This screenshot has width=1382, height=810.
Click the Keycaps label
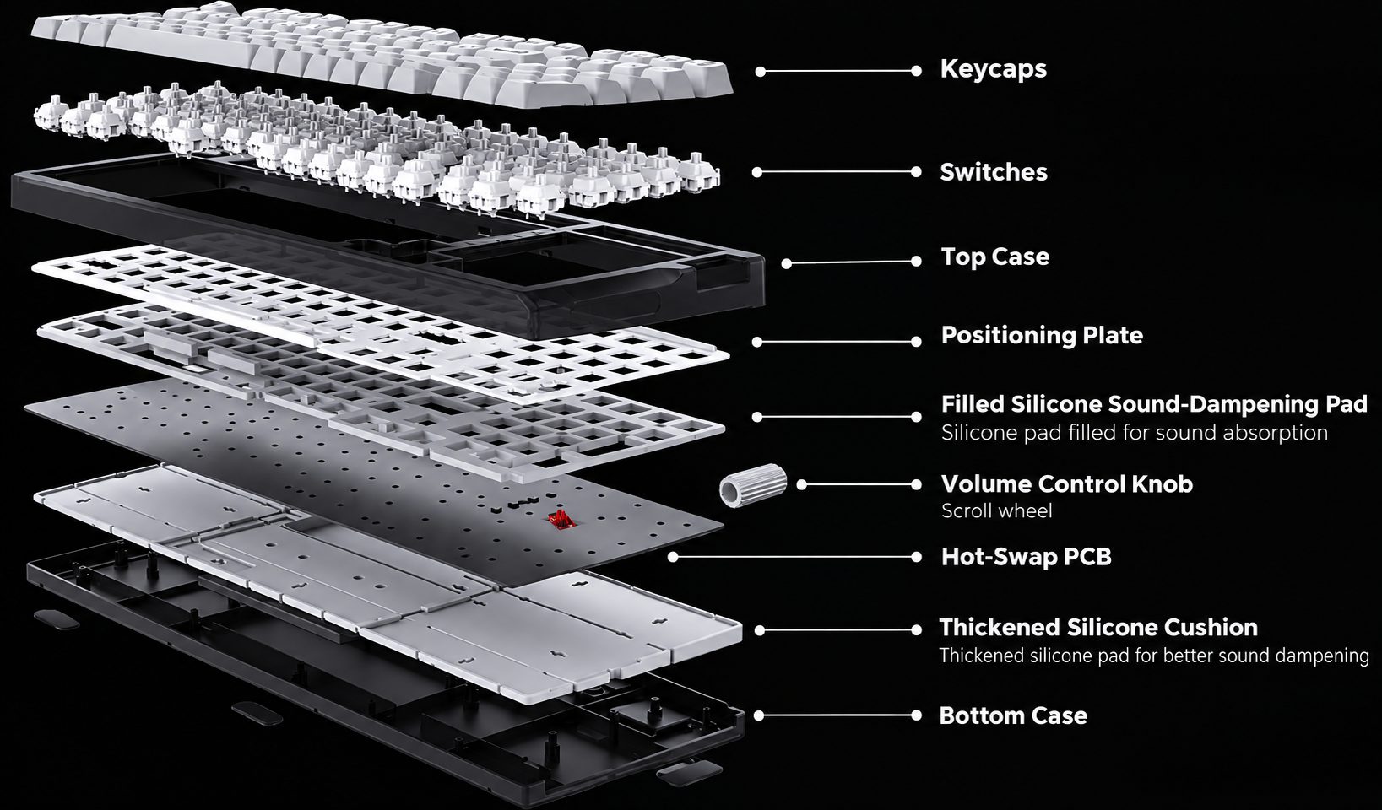pos(994,69)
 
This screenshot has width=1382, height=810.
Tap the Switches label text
pos(994,172)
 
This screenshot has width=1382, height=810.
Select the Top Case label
pos(995,256)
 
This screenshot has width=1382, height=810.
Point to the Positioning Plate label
pos(1042,335)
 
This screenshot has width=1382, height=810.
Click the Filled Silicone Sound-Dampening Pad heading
pos(1154,404)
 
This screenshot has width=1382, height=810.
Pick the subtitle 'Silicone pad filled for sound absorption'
pos(1135,433)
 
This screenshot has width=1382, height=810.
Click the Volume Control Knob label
pos(1067,484)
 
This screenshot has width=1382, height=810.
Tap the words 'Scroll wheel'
pos(996,511)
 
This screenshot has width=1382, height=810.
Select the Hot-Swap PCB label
pos(1026,557)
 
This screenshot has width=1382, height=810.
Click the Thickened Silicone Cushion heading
pos(1098,628)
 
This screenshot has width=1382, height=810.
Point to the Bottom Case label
pos(1013,715)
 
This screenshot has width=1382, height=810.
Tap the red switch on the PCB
pos(561,519)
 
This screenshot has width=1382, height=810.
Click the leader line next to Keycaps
pos(838,72)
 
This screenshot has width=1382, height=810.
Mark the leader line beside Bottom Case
pos(837,715)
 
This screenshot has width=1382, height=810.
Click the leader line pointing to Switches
pos(837,172)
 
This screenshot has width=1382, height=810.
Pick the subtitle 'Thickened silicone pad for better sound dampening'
pos(1154,656)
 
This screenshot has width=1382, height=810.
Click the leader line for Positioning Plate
pos(837,342)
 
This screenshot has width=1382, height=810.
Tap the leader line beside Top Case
pos(852,262)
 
